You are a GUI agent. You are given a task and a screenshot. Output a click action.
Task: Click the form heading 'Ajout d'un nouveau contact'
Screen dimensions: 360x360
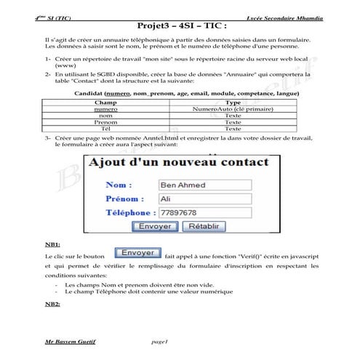[179, 162]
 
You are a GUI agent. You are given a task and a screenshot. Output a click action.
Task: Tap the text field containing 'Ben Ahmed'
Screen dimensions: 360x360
[204, 185]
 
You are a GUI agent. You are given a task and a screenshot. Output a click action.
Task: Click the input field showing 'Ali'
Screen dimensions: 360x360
[204, 199]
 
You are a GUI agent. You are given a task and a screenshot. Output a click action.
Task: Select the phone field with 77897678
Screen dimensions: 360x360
[204, 213]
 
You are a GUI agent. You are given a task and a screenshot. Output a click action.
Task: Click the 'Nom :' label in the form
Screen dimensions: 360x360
[119, 185]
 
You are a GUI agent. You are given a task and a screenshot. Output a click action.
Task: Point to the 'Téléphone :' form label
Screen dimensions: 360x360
[130, 213]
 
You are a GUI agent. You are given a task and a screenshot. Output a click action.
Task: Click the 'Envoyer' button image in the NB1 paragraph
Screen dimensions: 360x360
[137, 253]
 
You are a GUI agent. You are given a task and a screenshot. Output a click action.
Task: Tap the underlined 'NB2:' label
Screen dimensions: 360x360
[53, 304]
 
